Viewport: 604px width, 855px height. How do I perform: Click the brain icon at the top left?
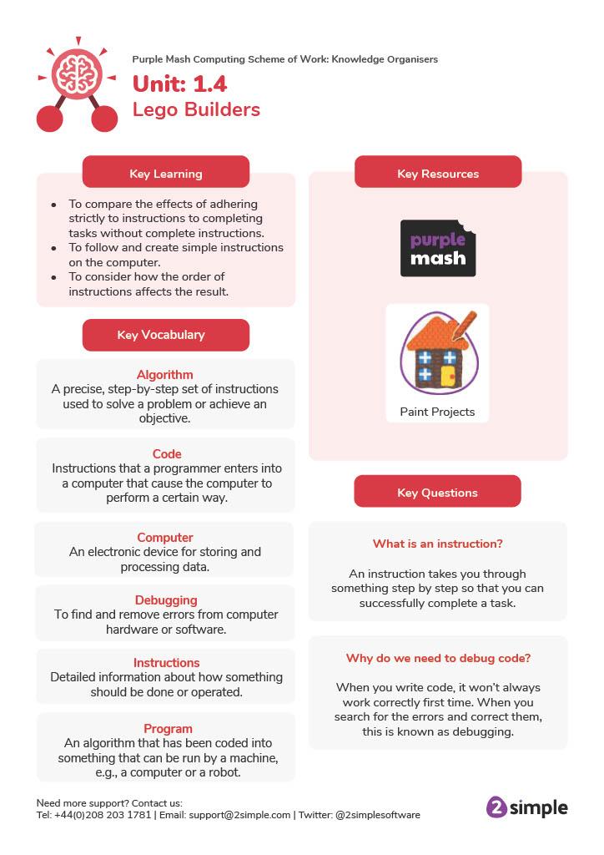(x=77, y=73)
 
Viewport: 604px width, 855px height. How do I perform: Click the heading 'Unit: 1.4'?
(x=179, y=84)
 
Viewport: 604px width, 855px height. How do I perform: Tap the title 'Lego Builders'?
(x=196, y=109)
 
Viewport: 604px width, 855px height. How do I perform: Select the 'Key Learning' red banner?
(x=165, y=174)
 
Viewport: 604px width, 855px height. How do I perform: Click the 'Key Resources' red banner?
(x=438, y=174)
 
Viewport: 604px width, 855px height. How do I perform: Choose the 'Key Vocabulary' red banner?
(x=165, y=335)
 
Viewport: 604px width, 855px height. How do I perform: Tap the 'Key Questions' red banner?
(x=437, y=493)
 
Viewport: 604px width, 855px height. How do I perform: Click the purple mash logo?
(x=438, y=248)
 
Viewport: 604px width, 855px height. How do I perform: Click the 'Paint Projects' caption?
(x=437, y=412)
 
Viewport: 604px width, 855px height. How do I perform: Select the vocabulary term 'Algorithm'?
(x=165, y=375)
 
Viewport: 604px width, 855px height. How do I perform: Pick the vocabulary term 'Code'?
(x=167, y=454)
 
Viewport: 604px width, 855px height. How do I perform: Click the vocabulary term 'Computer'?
(x=165, y=538)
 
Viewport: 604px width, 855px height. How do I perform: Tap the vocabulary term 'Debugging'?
(x=166, y=600)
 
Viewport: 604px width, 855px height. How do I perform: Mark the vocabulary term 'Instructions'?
(x=167, y=663)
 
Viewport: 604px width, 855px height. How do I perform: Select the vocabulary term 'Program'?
(x=168, y=728)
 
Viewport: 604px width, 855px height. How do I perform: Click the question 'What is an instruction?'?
(x=437, y=544)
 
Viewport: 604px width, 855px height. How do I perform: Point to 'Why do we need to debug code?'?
(x=438, y=658)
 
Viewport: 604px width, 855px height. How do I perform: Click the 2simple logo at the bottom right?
(x=526, y=807)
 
